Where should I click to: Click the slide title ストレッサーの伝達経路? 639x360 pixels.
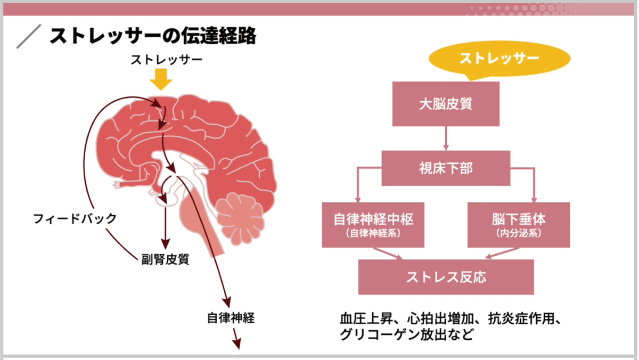pyautogui.click(x=153, y=36)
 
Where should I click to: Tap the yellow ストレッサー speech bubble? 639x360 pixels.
pyautogui.click(x=499, y=59)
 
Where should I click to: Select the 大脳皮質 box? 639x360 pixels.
pyautogui.click(x=446, y=104)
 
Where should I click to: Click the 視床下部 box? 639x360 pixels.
pyautogui.click(x=446, y=168)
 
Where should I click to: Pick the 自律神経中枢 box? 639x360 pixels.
pyautogui.click(x=373, y=225)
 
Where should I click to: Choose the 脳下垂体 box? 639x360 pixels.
pyautogui.click(x=519, y=225)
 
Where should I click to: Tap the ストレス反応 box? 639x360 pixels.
pyautogui.click(x=446, y=277)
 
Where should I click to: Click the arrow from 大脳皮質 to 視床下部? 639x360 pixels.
pyautogui.click(x=446, y=138)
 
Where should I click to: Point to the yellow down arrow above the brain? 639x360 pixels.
pyautogui.click(x=161, y=79)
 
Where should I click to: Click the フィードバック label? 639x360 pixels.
pyautogui.click(x=75, y=219)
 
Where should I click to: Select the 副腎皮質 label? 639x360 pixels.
pyautogui.click(x=165, y=259)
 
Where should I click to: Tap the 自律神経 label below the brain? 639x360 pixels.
pyautogui.click(x=231, y=318)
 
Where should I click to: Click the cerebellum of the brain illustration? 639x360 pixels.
pyautogui.click(x=240, y=219)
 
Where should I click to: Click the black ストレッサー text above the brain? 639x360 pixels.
pyautogui.click(x=167, y=60)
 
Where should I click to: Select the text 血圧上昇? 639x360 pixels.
pyautogui.click(x=366, y=318)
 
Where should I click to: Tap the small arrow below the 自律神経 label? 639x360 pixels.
pyautogui.click(x=237, y=339)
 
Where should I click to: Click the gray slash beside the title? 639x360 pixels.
pyautogui.click(x=29, y=36)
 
